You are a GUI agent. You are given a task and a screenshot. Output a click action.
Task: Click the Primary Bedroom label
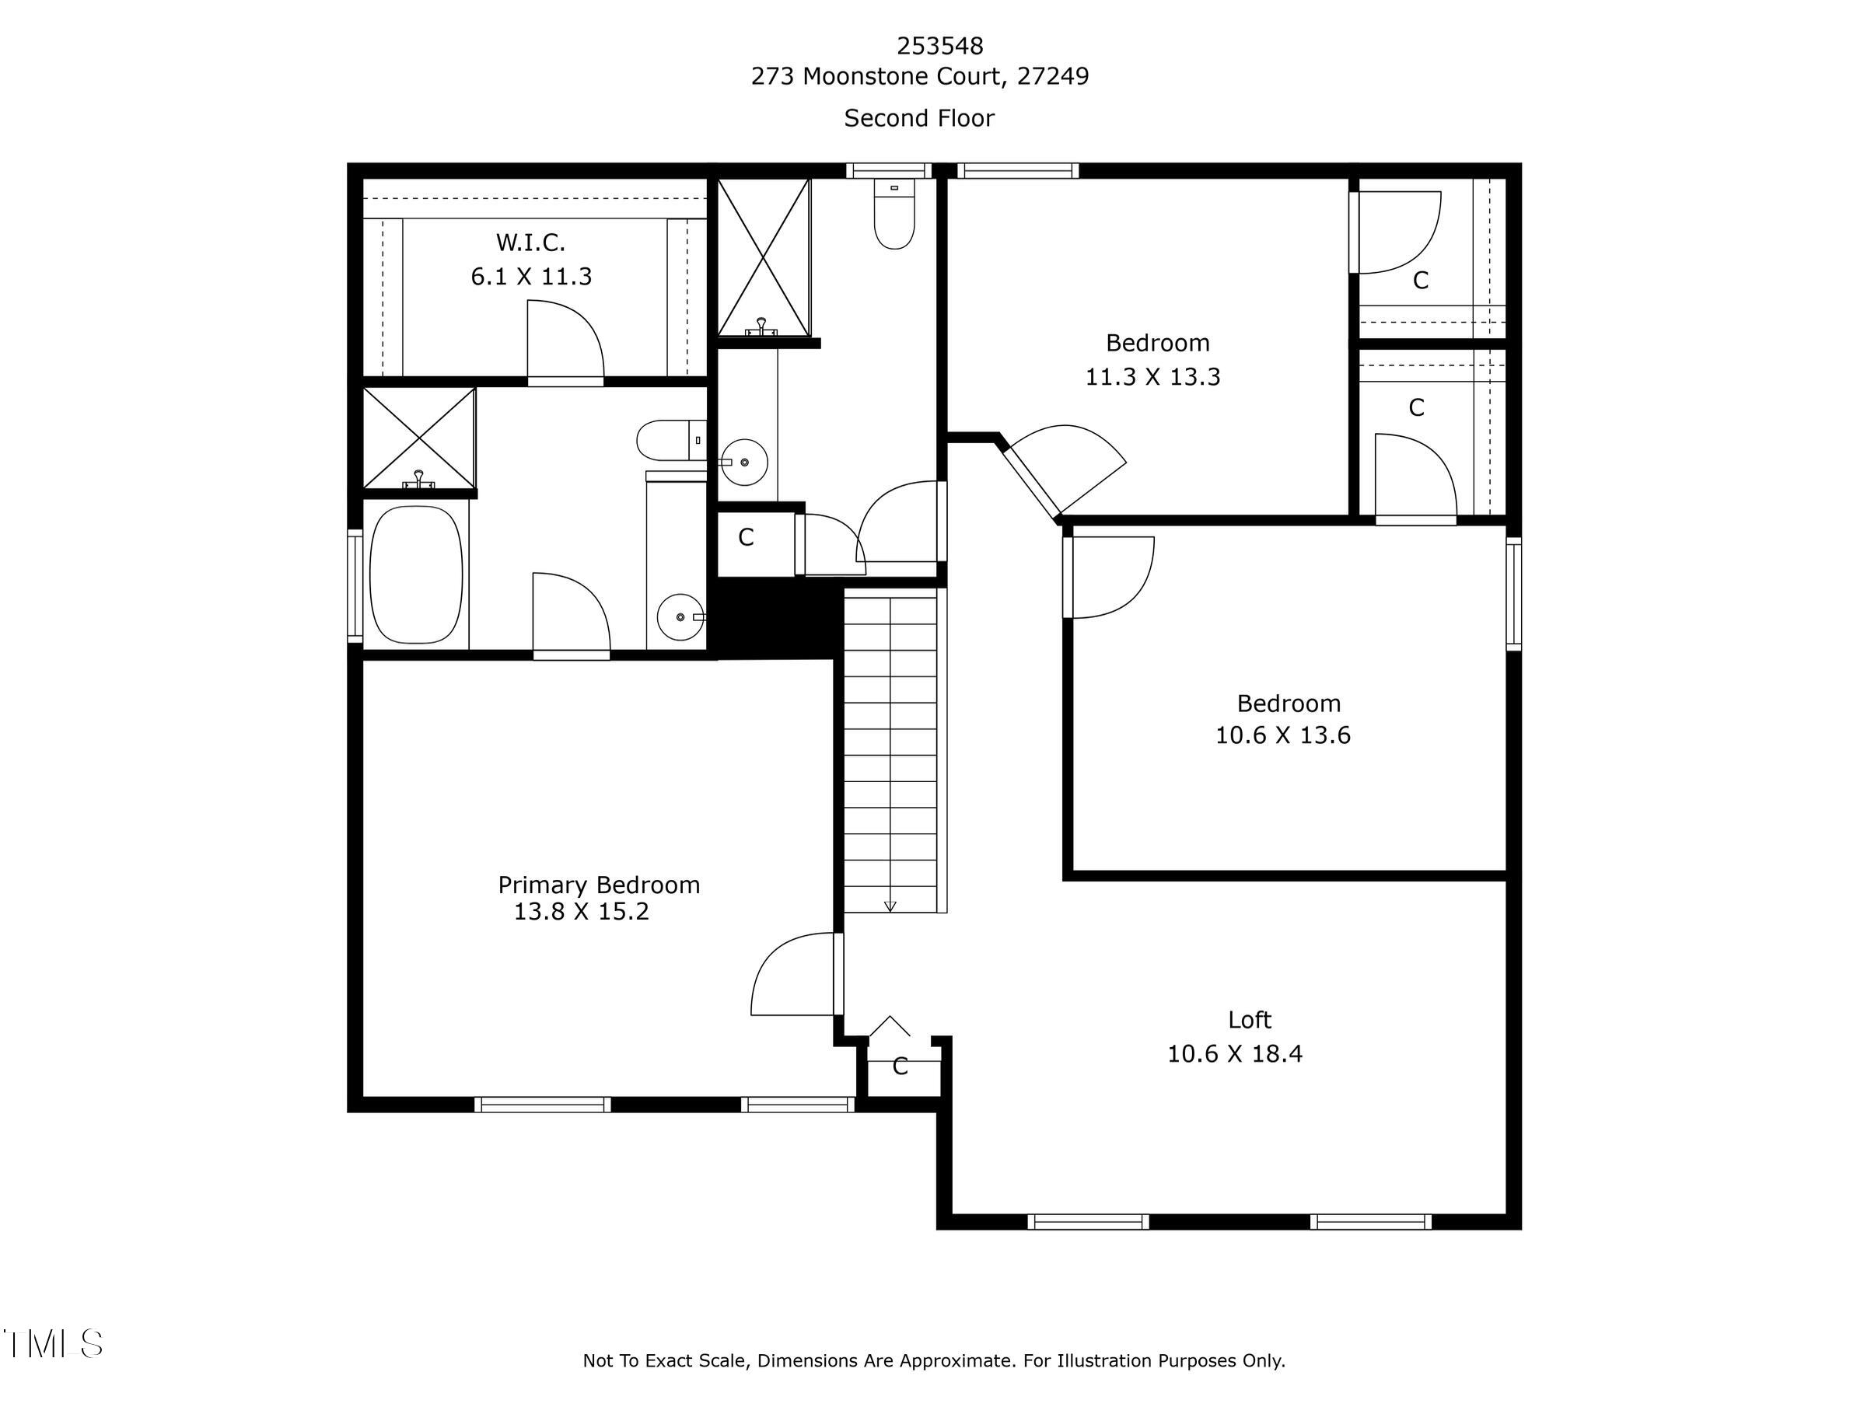tap(598, 885)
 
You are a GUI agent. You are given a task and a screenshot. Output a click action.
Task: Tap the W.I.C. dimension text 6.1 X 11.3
tap(531, 277)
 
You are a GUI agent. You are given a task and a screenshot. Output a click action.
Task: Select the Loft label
tap(1250, 1020)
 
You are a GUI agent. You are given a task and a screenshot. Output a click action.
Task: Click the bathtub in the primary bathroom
tap(416, 574)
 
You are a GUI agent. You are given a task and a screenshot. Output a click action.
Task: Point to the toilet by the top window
tap(894, 216)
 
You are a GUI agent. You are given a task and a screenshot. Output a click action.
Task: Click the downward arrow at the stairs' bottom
tap(890, 905)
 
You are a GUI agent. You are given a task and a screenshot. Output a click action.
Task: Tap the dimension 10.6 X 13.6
tap(1282, 735)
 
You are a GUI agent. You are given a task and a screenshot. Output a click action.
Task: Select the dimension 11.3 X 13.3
tap(1152, 377)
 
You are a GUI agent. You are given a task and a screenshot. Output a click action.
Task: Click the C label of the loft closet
tap(900, 1067)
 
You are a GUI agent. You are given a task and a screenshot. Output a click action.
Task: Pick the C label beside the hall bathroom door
tap(745, 538)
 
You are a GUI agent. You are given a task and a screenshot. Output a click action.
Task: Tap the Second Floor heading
tap(918, 118)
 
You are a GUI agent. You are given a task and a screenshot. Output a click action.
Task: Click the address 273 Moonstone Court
tap(919, 76)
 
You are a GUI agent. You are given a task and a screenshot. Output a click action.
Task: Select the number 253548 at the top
tap(939, 45)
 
